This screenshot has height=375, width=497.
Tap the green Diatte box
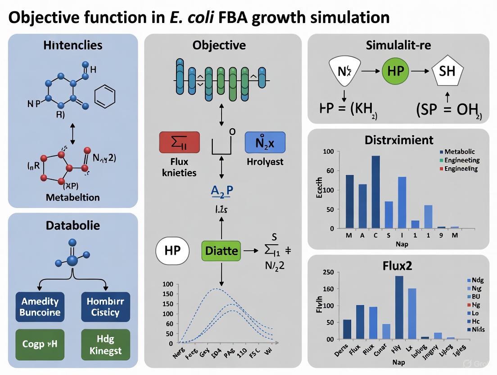click(x=221, y=250)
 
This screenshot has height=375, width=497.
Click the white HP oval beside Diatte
click(x=172, y=250)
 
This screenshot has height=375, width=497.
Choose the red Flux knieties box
click(x=179, y=142)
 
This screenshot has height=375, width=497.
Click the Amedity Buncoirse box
click(x=40, y=306)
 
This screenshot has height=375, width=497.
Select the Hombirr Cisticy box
click(x=105, y=306)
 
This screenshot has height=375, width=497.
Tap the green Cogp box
click(x=40, y=344)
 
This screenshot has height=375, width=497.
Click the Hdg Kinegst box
click(x=105, y=344)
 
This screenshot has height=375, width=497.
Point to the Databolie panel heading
click(x=73, y=225)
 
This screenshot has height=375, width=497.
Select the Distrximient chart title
click(x=398, y=140)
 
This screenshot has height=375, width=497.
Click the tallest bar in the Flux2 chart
click(x=399, y=307)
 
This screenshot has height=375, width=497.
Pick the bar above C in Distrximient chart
click(x=375, y=192)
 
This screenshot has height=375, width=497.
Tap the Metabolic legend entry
click(x=459, y=152)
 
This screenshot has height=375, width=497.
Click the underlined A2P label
click(x=222, y=191)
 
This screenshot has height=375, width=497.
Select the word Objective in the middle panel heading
click(x=219, y=45)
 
